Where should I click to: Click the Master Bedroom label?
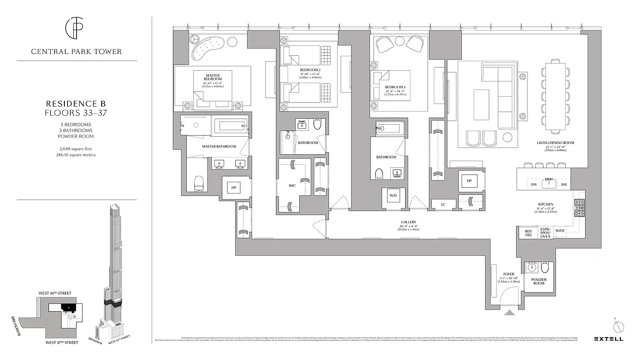212,77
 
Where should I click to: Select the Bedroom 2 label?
310,71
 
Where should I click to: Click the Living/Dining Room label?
555,143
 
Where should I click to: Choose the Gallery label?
408,222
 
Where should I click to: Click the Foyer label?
509,274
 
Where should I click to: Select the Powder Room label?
538,281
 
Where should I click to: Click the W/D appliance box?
393,196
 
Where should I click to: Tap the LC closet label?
443,205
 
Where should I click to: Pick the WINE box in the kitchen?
559,231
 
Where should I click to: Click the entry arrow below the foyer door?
509,313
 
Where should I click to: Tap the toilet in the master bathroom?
199,184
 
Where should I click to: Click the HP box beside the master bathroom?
234,187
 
